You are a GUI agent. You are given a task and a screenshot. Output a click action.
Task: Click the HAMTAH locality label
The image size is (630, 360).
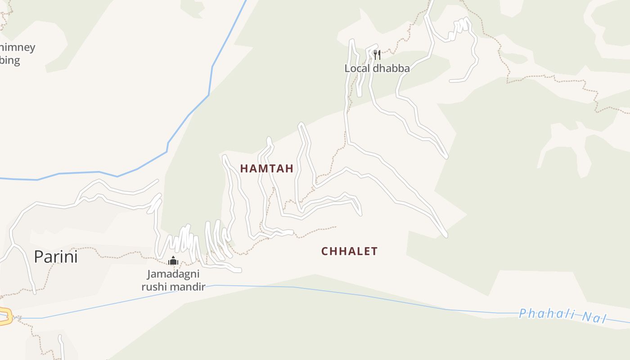[266, 169]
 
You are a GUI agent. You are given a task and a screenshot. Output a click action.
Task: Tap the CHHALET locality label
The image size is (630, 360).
[349, 251]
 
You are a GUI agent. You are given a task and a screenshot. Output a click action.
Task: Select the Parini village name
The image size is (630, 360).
[56, 257]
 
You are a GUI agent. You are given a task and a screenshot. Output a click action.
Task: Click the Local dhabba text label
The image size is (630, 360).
[377, 68]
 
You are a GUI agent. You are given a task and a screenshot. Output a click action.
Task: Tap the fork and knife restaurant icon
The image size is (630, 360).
[377, 55]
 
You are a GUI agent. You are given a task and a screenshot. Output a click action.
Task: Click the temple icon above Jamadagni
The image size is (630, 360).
[173, 261]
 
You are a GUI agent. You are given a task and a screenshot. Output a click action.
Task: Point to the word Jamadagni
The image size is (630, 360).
[173, 274]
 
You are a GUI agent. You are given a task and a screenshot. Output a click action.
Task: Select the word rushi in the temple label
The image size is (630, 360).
[153, 287]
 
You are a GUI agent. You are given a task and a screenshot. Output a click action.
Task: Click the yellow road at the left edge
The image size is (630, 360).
[4, 316]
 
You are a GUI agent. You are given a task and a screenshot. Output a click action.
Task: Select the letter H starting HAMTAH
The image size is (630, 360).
[243, 169]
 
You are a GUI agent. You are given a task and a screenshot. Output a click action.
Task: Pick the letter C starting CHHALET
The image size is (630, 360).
[324, 251]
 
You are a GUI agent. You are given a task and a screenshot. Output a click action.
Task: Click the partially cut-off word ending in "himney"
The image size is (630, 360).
[17, 48]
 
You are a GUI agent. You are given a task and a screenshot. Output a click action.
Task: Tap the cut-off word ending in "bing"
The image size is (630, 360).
[10, 60]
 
